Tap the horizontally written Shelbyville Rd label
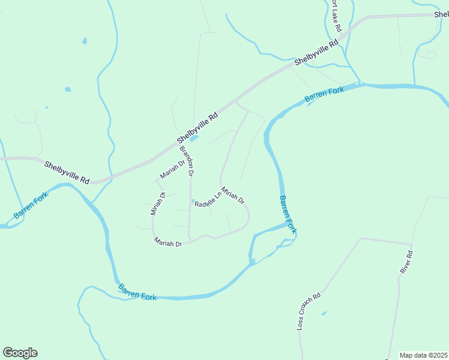click(67, 172)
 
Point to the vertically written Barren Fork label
click(288, 214)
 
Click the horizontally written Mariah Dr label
click(167, 243)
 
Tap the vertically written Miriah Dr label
click(157, 203)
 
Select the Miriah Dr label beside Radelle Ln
click(233, 195)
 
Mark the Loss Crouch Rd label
click(309, 311)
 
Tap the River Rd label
click(407, 262)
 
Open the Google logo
click(20, 353)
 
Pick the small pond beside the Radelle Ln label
click(193, 201)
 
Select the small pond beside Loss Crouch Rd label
click(324, 313)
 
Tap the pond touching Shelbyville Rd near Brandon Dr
click(194, 138)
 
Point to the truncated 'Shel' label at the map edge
click(441, 14)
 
